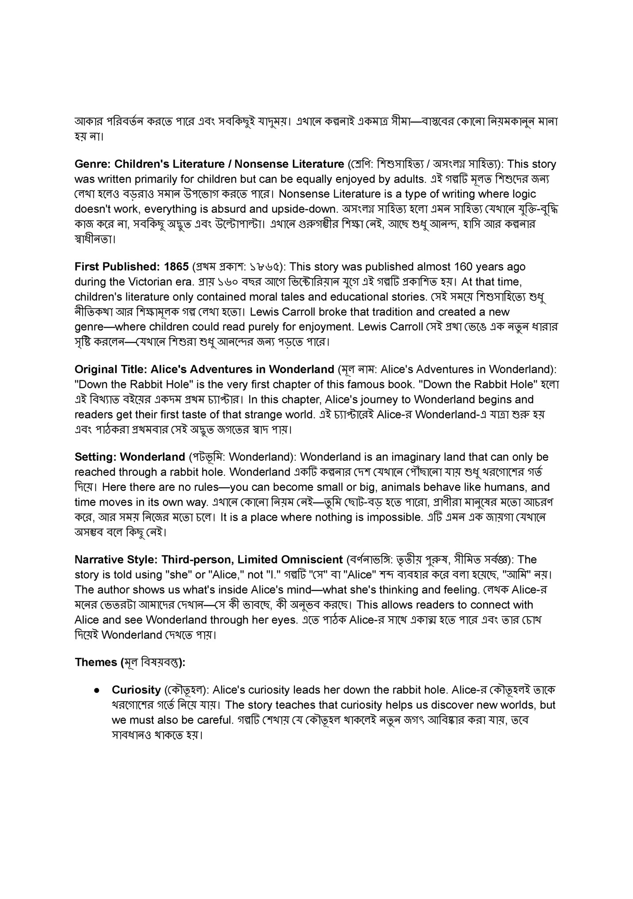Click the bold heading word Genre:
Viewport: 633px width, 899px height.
(x=93, y=164)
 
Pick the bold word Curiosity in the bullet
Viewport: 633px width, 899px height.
(x=136, y=690)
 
